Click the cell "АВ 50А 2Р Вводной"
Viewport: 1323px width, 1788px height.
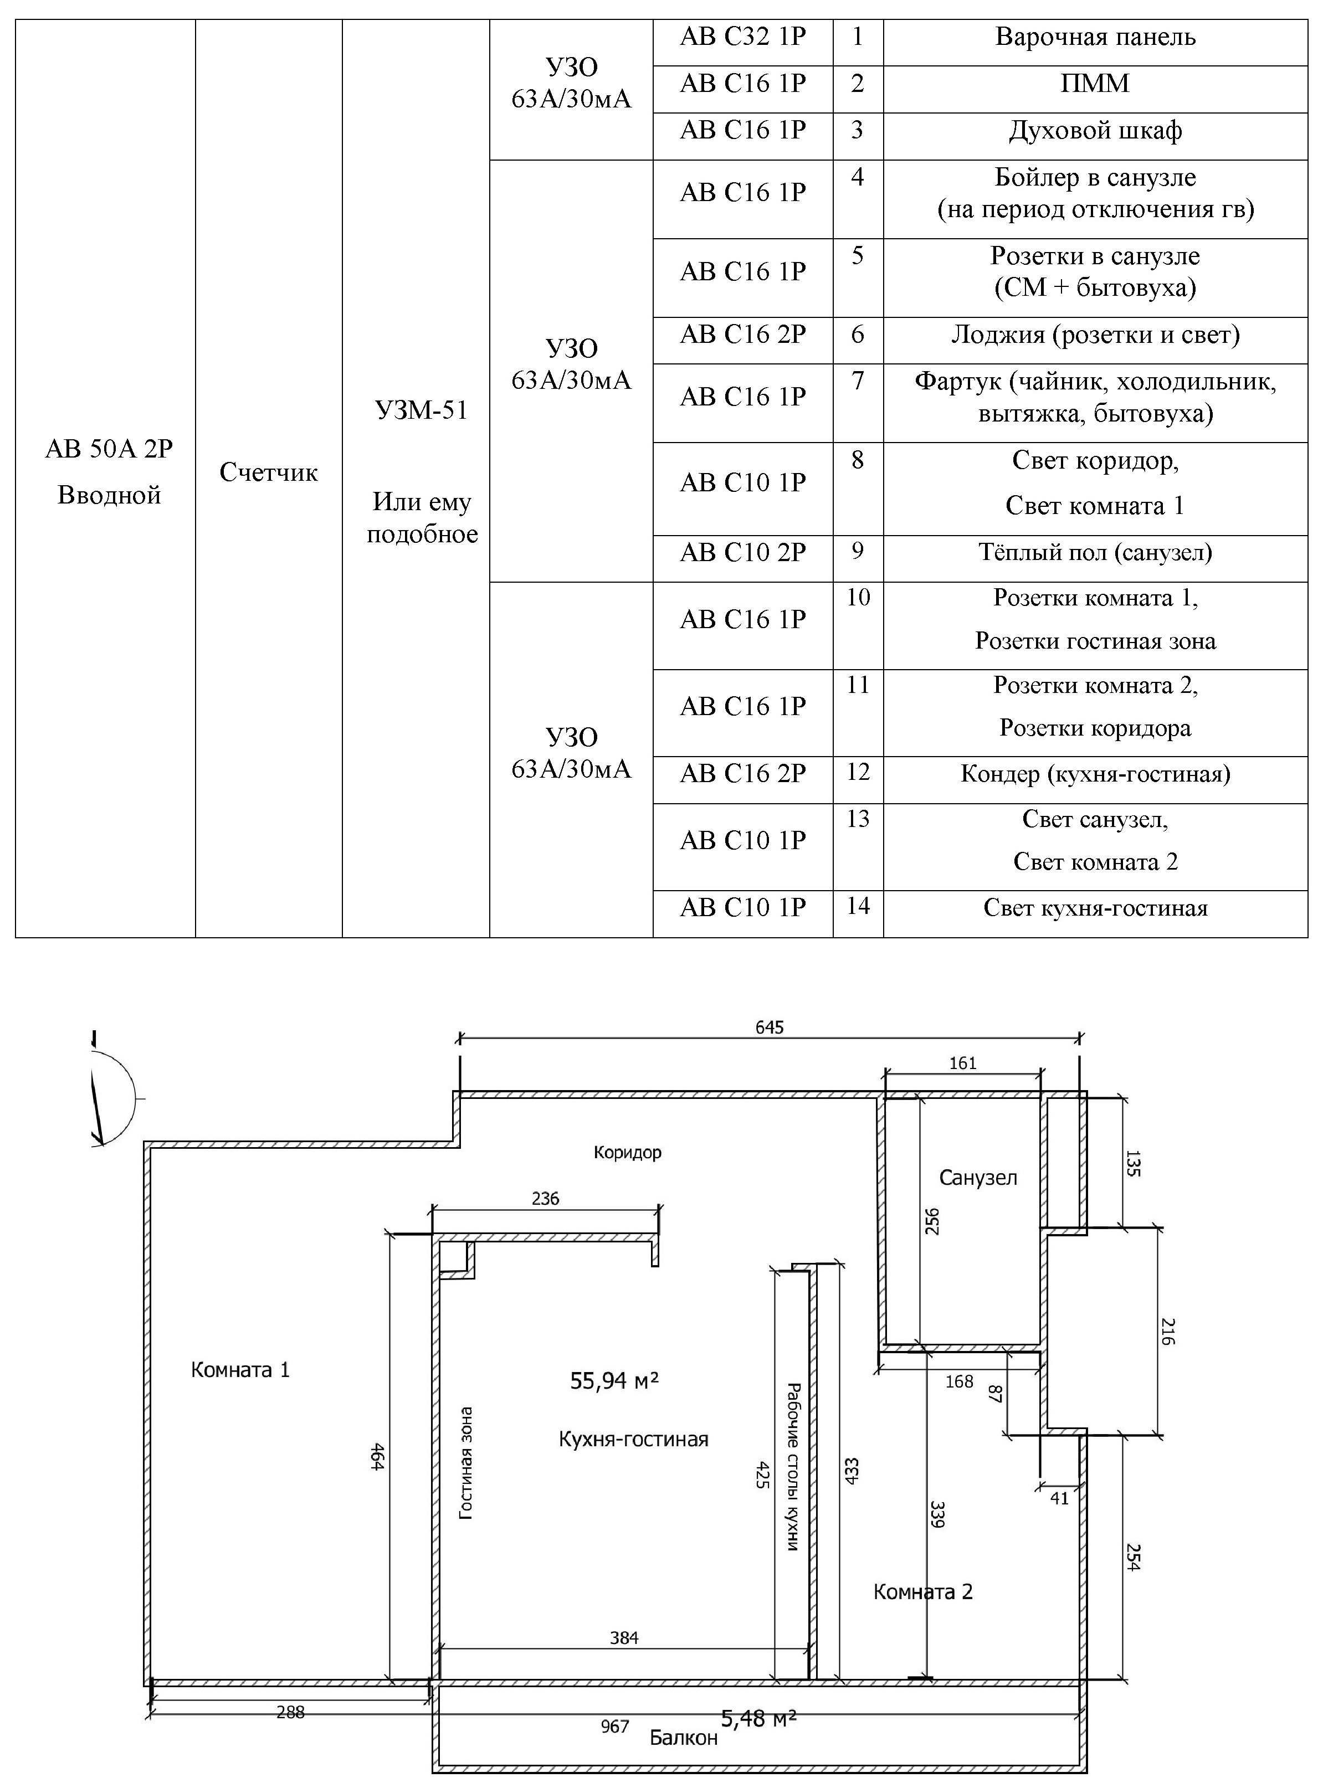tap(109, 471)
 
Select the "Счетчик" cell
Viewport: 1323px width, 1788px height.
tap(269, 471)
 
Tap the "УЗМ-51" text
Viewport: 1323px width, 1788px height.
tap(421, 410)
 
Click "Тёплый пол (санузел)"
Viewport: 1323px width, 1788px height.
tap(1095, 552)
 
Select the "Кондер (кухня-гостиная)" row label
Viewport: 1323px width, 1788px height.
tap(1095, 773)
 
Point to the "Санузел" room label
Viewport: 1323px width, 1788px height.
tap(978, 1177)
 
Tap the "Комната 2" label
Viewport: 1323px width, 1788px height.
tap(922, 1591)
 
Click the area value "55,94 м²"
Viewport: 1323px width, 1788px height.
tap(614, 1380)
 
